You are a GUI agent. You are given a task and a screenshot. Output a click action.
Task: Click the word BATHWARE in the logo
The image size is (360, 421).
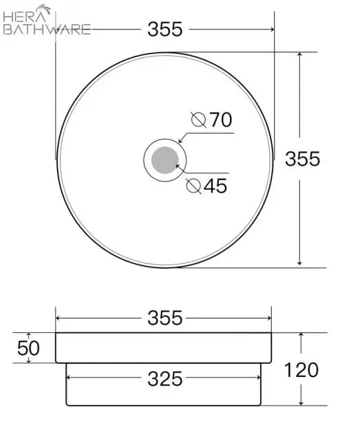(47, 30)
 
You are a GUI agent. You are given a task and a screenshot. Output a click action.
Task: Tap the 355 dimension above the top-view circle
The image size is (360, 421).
(165, 29)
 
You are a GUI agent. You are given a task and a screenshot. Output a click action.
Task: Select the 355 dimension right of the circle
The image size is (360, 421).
(302, 159)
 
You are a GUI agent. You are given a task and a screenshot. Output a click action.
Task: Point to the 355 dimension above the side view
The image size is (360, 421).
(165, 318)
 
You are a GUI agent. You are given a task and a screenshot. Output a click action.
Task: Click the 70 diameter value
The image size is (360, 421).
(221, 120)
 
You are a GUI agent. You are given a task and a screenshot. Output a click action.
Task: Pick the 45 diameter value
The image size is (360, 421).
(215, 186)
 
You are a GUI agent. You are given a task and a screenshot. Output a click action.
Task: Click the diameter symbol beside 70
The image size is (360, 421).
(199, 120)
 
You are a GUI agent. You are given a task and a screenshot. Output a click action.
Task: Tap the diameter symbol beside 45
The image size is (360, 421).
(193, 186)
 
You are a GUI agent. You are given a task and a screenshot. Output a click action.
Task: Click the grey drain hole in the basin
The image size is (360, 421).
(165, 160)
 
